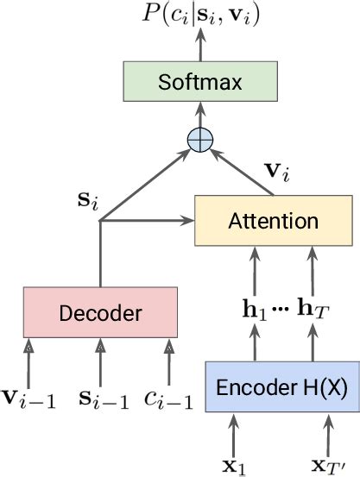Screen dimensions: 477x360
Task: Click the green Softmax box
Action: click(199, 83)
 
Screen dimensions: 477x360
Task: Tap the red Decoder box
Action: click(99, 312)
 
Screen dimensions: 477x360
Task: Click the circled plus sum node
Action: click(199, 141)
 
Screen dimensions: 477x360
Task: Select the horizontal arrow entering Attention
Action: click(147, 222)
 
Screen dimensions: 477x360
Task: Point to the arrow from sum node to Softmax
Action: click(199, 116)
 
